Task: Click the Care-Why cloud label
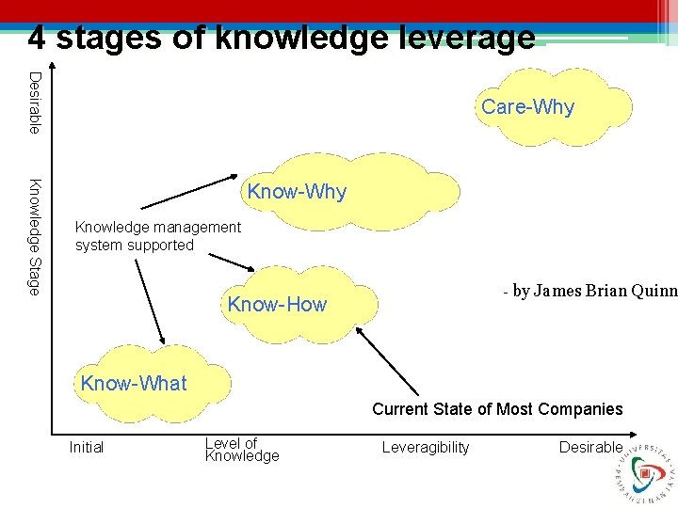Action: (x=527, y=107)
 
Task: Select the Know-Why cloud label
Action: (x=297, y=193)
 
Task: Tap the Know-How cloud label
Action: (x=277, y=304)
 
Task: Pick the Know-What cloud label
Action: (x=134, y=384)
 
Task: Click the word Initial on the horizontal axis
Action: (x=87, y=448)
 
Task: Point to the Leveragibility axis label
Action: (x=426, y=448)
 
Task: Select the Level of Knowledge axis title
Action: (x=242, y=450)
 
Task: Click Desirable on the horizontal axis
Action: (x=590, y=448)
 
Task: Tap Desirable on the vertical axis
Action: (x=34, y=102)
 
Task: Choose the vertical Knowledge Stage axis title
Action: (x=34, y=236)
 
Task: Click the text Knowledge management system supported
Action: (x=157, y=236)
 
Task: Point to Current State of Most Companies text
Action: (x=497, y=409)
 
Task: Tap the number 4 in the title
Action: (x=37, y=38)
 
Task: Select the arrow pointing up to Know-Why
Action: (x=189, y=191)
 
